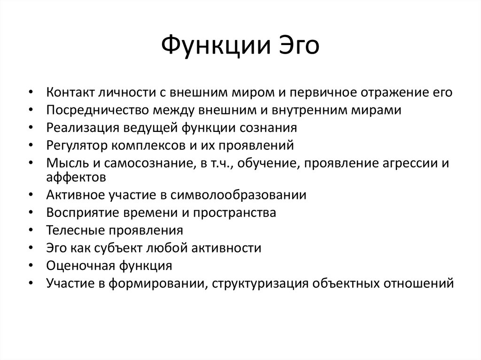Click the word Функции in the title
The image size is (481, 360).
pyautogui.click(x=216, y=46)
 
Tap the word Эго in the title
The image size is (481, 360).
pyautogui.click(x=299, y=46)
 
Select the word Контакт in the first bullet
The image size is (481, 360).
pyautogui.click(x=70, y=92)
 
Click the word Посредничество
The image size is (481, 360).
pyautogui.click(x=97, y=110)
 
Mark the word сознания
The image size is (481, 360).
pyautogui.click(x=268, y=128)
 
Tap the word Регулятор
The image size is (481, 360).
pyautogui.click(x=77, y=146)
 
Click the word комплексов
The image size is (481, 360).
pyautogui.click(x=148, y=146)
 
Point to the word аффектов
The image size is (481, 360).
pyautogui.click(x=76, y=177)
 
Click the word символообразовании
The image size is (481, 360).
pyautogui.click(x=238, y=195)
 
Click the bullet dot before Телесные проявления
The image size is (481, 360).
pyautogui.click(x=31, y=230)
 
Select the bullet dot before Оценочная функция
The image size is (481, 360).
pyautogui.click(x=31, y=266)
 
